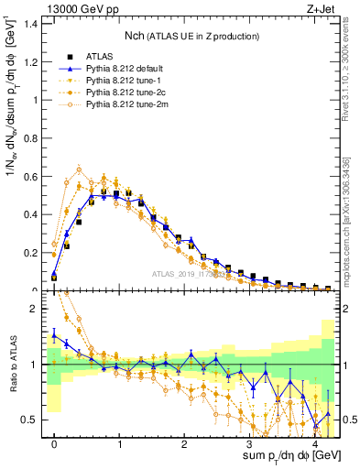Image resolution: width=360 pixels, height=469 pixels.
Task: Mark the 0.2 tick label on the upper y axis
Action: [32, 253]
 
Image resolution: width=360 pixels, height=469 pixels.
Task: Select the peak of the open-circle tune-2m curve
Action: [80, 169]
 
